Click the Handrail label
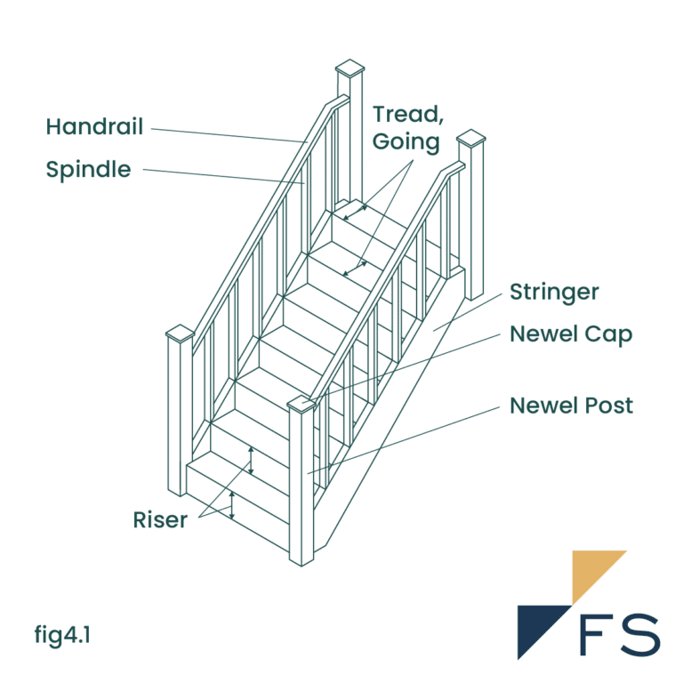pyautogui.click(x=94, y=127)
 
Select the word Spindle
pyautogui.click(x=88, y=169)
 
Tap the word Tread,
pyautogui.click(x=406, y=114)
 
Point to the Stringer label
pyautogui.click(x=554, y=292)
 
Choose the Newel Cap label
pyautogui.click(x=571, y=334)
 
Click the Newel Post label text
pyautogui.click(x=571, y=406)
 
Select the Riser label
pyautogui.click(x=160, y=520)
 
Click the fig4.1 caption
pyautogui.click(x=63, y=635)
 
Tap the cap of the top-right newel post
pyautogui.click(x=471, y=138)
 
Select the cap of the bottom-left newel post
pyautogui.click(x=180, y=333)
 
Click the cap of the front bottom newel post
pyautogui.click(x=302, y=405)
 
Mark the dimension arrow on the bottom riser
pyautogui.click(x=232, y=504)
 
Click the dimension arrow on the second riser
pyautogui.click(x=251, y=461)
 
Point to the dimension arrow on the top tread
pyautogui.click(x=357, y=211)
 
